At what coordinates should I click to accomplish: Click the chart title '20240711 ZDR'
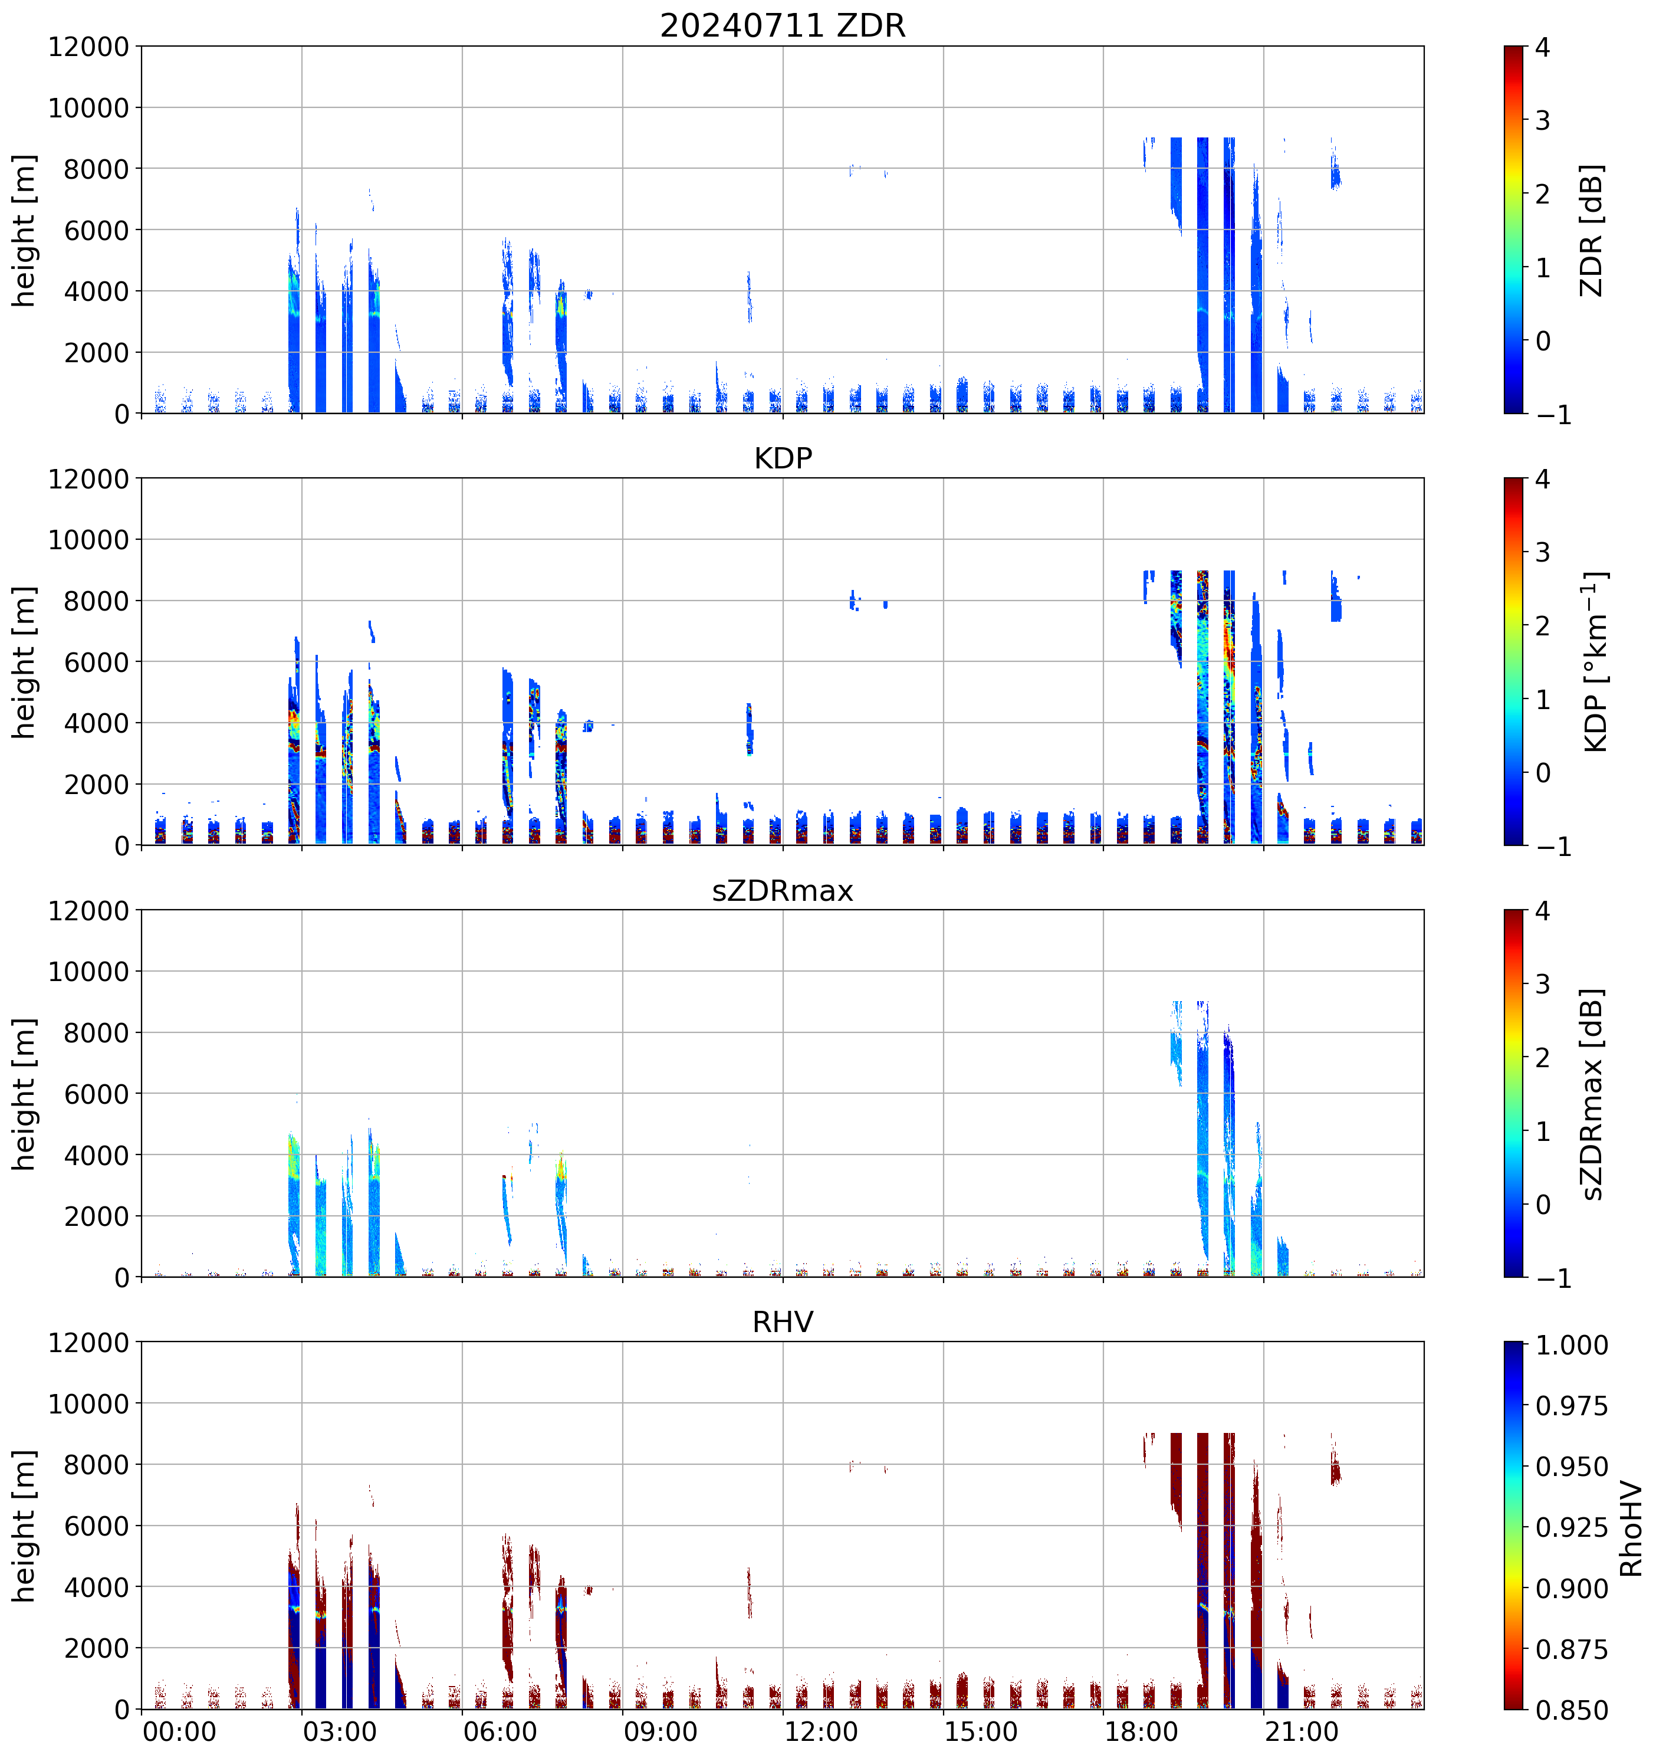[x=783, y=25]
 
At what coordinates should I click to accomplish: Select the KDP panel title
[x=783, y=458]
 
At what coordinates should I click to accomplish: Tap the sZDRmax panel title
[x=783, y=890]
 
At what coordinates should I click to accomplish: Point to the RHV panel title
[x=783, y=1322]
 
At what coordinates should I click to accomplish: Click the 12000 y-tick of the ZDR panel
[x=88, y=47]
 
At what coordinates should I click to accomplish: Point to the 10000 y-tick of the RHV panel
[x=88, y=1403]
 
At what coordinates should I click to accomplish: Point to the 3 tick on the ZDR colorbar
[x=1543, y=120]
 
